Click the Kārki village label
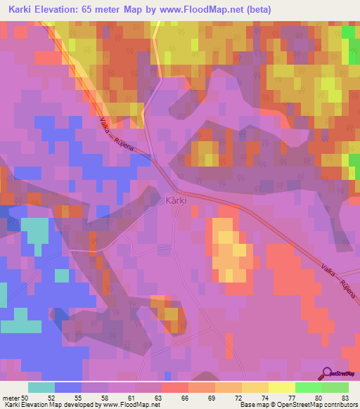click(175, 200)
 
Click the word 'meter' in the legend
click(12, 398)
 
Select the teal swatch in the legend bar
click(41, 387)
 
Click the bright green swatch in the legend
click(309, 387)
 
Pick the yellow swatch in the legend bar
click(282, 387)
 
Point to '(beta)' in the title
click(256, 10)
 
